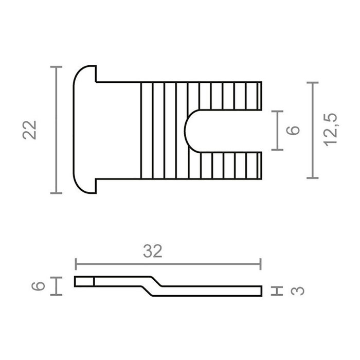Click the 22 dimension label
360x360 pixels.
pos(31,130)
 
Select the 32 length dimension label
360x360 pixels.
pos(153,251)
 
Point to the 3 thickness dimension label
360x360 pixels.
pos(298,291)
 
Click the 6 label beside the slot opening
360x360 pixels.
pos(293,130)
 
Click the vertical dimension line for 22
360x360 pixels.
pos(57,130)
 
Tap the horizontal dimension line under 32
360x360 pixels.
pos(168,264)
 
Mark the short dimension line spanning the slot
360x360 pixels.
pos(278,130)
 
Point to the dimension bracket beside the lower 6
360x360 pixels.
pos(57,285)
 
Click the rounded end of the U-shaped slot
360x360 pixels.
pos(189,130)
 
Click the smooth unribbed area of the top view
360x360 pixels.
pos(118,130)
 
